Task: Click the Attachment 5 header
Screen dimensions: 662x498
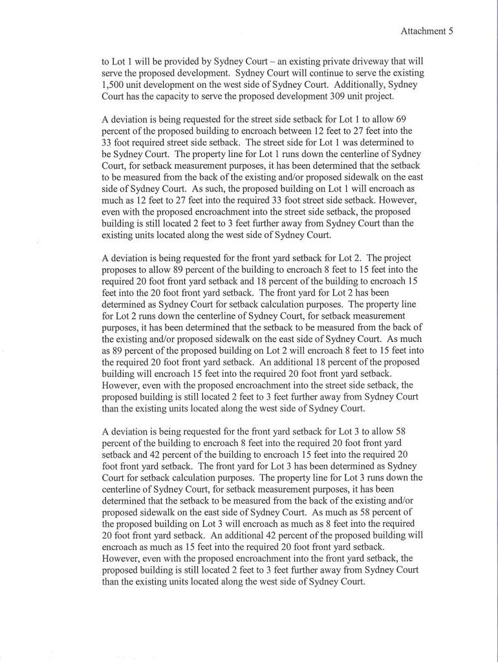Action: [427, 30]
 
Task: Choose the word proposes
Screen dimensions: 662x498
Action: [121, 269]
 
